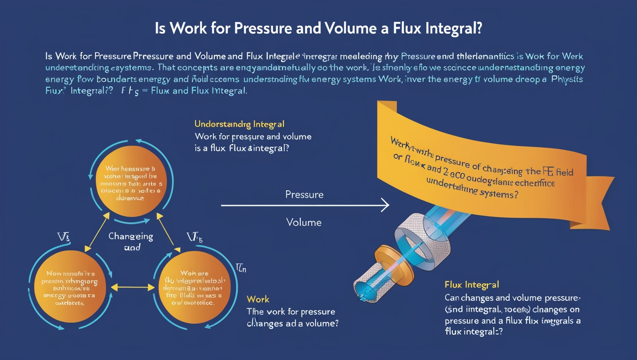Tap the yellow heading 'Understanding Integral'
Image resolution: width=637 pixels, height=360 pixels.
[x=239, y=124]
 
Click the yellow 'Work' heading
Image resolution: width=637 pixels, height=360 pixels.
[x=258, y=299]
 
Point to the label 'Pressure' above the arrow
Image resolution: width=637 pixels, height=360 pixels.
[x=304, y=195]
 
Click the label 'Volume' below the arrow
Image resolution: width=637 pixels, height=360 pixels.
[x=304, y=222]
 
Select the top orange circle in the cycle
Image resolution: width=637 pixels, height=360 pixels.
[x=131, y=181]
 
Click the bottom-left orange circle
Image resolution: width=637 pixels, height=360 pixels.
[x=70, y=287]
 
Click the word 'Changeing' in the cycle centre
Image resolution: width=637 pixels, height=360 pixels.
[x=131, y=236]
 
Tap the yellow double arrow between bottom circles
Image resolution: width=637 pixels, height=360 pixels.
[x=132, y=287]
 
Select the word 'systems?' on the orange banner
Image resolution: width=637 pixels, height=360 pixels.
[x=501, y=193]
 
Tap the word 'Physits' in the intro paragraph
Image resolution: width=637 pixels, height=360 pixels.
[x=567, y=80]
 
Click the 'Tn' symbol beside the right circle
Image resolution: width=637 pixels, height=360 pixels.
[x=241, y=268]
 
